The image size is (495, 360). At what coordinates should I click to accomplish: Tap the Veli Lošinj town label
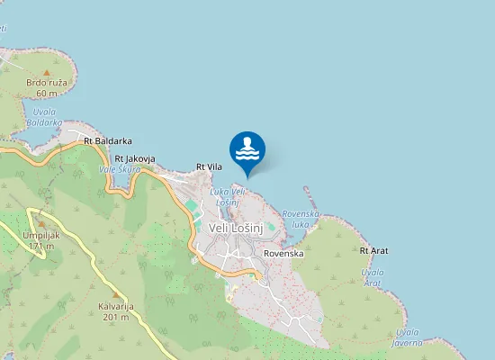coord(236,229)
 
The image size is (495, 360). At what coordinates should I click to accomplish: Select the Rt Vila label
coord(209,166)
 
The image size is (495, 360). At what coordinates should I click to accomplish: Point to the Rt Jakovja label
coord(134,158)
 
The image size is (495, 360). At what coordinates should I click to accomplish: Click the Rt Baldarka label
coord(107,141)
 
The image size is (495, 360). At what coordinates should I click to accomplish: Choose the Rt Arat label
coord(373,250)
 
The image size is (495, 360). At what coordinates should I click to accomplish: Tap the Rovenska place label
coord(283,254)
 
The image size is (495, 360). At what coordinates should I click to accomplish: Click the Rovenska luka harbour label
coord(301,218)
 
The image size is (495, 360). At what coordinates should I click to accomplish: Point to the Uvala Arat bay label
coord(372,276)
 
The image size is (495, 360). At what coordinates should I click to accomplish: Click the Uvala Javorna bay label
coord(407,337)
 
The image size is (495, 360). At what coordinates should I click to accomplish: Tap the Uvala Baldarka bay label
coord(43,117)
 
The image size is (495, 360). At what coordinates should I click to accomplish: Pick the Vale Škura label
coord(119,168)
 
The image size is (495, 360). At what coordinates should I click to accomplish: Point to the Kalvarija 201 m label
coord(116,311)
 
